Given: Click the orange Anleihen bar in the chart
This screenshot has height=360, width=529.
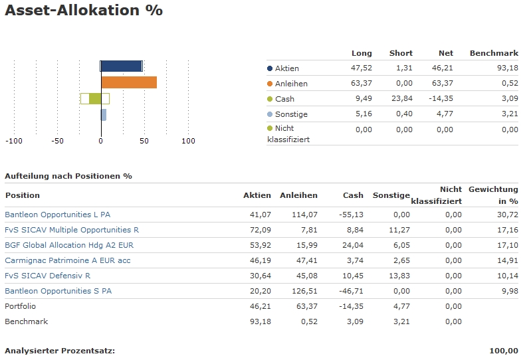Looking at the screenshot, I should [129, 82].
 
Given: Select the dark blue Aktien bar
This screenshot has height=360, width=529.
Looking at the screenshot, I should [122, 66].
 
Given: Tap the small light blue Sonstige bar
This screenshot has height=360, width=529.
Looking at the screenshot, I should [104, 115].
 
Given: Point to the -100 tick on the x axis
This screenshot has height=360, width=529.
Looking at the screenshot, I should [14, 141].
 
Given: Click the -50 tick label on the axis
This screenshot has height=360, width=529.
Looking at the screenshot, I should [58, 141].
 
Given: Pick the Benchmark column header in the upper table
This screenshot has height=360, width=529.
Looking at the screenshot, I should [494, 53].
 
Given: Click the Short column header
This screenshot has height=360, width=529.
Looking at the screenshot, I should [401, 53].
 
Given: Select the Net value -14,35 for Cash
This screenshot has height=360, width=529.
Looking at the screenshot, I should [440, 99].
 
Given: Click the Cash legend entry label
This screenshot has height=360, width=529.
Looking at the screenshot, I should [284, 99].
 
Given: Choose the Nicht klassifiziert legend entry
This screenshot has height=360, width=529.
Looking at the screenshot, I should [288, 134].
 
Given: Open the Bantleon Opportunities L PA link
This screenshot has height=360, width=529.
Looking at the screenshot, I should [57, 215].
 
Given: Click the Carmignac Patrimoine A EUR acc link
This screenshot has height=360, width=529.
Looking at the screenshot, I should [67, 260].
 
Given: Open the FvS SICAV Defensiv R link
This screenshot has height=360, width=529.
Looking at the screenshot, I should [47, 276].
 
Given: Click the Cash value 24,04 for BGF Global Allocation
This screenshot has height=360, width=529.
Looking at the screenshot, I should [353, 245].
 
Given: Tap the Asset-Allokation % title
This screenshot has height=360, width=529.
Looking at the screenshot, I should [84, 11].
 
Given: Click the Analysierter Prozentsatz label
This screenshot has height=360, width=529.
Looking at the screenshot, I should [60, 351].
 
